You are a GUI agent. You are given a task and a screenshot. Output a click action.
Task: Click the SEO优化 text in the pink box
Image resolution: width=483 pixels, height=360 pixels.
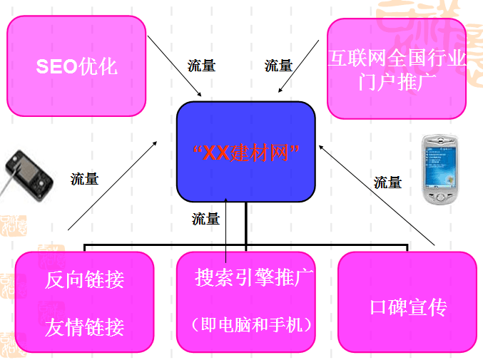(x=76, y=67)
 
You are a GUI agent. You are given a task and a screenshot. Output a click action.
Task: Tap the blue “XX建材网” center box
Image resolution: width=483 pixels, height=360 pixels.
(x=245, y=153)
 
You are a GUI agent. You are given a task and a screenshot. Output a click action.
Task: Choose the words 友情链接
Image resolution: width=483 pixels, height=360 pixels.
(x=84, y=327)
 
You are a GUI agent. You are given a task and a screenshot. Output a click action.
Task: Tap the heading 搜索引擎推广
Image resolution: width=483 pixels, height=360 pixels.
(x=255, y=277)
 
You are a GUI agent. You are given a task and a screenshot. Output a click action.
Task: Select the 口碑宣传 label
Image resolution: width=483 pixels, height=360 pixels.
(x=408, y=308)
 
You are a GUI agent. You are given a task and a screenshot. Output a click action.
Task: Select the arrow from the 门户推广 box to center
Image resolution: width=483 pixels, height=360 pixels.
(x=300, y=68)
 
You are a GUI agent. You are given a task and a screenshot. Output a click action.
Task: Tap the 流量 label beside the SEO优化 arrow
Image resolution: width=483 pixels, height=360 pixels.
(x=201, y=66)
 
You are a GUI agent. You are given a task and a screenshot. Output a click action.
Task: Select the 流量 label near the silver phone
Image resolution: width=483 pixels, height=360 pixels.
(x=387, y=182)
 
